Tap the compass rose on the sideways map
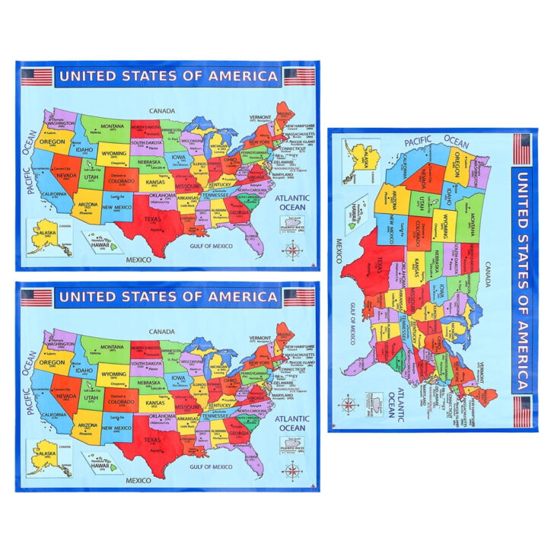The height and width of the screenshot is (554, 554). click(349, 404)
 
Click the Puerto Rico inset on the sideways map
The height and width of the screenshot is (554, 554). click(374, 401)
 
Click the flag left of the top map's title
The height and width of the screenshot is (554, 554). click(37, 76)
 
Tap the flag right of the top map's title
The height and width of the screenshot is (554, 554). click(299, 76)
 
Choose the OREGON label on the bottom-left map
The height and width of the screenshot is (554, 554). click(53, 362)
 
